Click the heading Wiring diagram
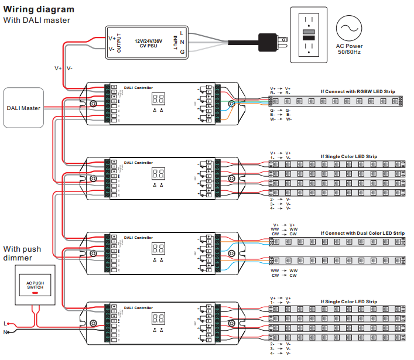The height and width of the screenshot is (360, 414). pyautogui.click(x=39, y=9)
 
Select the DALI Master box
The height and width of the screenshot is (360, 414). pyautogui.click(x=23, y=108)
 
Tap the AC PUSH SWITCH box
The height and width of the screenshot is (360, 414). pyautogui.click(x=35, y=285)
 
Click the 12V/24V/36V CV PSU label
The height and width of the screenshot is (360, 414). pyautogui.click(x=150, y=43)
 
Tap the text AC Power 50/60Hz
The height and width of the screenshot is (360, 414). pyautogui.click(x=350, y=49)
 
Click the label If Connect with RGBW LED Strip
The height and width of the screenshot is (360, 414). pyautogui.click(x=358, y=92)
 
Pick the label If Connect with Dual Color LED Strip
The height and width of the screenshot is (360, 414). pyautogui.click(x=362, y=233)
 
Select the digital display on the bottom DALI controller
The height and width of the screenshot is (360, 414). pyautogui.click(x=157, y=318)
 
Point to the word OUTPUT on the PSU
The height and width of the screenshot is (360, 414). pyautogui.click(x=119, y=43)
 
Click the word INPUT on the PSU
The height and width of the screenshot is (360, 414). pyautogui.click(x=175, y=43)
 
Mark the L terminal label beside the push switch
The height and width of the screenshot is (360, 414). pyautogui.click(x=5, y=323)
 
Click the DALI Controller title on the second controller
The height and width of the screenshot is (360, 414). pyautogui.click(x=138, y=163)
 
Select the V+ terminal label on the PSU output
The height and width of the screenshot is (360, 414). pyautogui.click(x=112, y=38)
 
